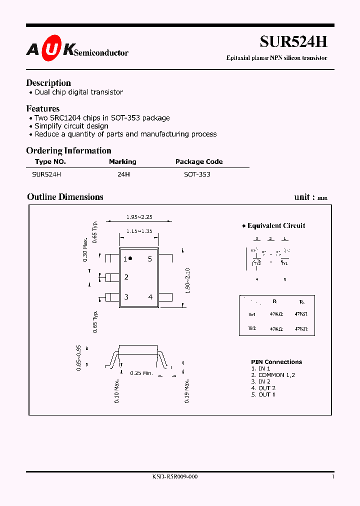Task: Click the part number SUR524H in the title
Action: [x=293, y=41]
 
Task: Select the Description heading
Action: [x=48, y=83]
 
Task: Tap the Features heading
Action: [x=43, y=108]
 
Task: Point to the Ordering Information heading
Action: [x=68, y=150]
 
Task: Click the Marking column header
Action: [x=122, y=161]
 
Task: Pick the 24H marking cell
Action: [x=122, y=174]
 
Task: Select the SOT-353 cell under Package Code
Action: [x=197, y=174]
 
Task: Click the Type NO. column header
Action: [x=50, y=161]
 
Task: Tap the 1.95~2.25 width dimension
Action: [x=139, y=217]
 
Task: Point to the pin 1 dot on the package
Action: [x=130, y=258]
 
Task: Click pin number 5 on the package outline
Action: [x=149, y=259]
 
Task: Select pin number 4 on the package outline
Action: [x=150, y=297]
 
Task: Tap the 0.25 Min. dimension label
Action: [x=141, y=373]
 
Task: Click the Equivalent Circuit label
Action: [x=276, y=225]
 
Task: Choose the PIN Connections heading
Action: [x=276, y=362]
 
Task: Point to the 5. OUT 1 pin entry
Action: [x=263, y=394]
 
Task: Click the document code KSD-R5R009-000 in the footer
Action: [x=175, y=477]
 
